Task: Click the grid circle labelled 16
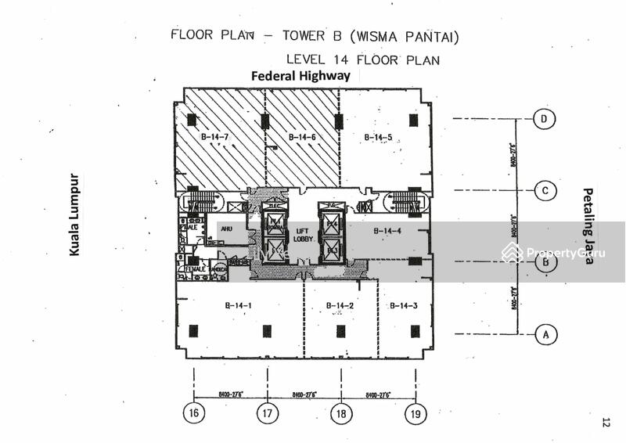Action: pyautogui.click(x=194, y=414)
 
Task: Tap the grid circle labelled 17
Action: pyautogui.click(x=267, y=414)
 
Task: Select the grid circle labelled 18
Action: pyautogui.click(x=340, y=414)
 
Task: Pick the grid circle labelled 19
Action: pyautogui.click(x=415, y=414)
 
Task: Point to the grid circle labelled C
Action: pyautogui.click(x=545, y=190)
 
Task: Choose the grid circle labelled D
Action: pyautogui.click(x=545, y=119)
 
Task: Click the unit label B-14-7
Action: pyautogui.click(x=214, y=138)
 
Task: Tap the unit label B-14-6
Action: pyautogui.click(x=302, y=138)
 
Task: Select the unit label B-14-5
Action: pyautogui.click(x=377, y=138)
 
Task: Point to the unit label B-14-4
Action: pyautogui.click(x=387, y=230)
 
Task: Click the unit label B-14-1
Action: pyautogui.click(x=237, y=305)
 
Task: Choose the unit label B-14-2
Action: pyautogui.click(x=340, y=305)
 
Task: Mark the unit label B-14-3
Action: pyautogui.click(x=404, y=305)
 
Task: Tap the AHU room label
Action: pyautogui.click(x=226, y=229)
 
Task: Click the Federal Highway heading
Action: pyautogui.click(x=300, y=76)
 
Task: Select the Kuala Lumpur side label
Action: pyautogui.click(x=75, y=214)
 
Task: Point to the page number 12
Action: pyautogui.click(x=606, y=423)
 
